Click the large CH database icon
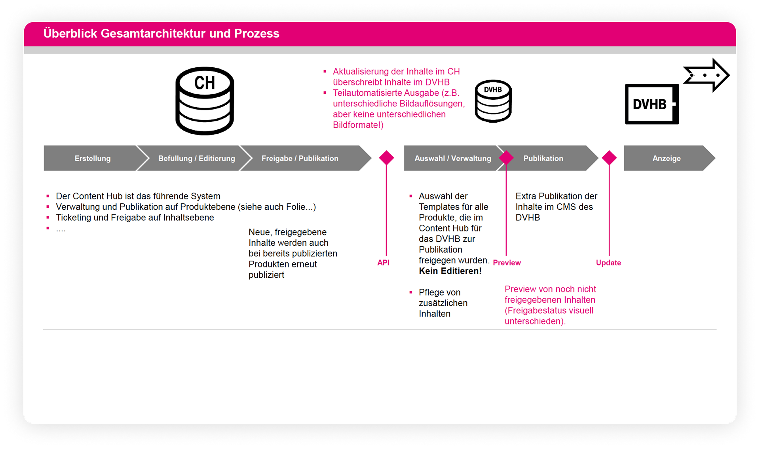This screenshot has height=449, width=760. [x=205, y=101]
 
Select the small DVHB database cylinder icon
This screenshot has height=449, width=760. [x=493, y=101]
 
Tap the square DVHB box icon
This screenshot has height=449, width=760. [x=652, y=104]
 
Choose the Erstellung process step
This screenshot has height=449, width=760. [x=93, y=158]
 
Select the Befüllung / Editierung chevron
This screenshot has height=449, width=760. [x=196, y=158]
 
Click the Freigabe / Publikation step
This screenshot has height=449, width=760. [x=300, y=158]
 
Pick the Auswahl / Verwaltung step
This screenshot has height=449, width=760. [x=452, y=158]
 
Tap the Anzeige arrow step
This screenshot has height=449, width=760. [x=667, y=158]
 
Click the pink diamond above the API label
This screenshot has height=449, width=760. [x=386, y=158]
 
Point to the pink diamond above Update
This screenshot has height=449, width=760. [x=609, y=158]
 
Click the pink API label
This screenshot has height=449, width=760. [x=383, y=263]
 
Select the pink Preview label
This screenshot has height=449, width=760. [x=507, y=263]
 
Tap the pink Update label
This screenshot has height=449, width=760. [x=608, y=263]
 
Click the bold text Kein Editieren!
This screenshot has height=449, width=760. [x=450, y=271]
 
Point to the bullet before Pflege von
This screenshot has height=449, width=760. [x=411, y=292]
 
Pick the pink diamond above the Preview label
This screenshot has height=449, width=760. [x=506, y=158]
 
